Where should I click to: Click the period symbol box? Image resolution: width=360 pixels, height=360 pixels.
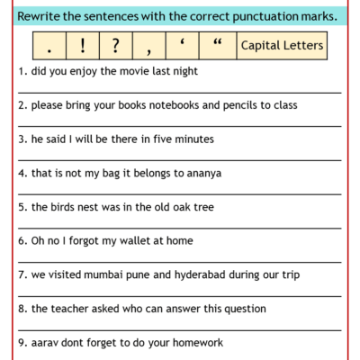point(48,45)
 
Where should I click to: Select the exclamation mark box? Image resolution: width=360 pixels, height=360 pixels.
point(81,45)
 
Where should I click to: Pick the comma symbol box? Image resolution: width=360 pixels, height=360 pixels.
point(147,45)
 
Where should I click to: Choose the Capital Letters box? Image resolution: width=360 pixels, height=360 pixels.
point(283,45)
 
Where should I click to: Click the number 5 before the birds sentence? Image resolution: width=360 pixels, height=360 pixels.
point(21,207)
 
